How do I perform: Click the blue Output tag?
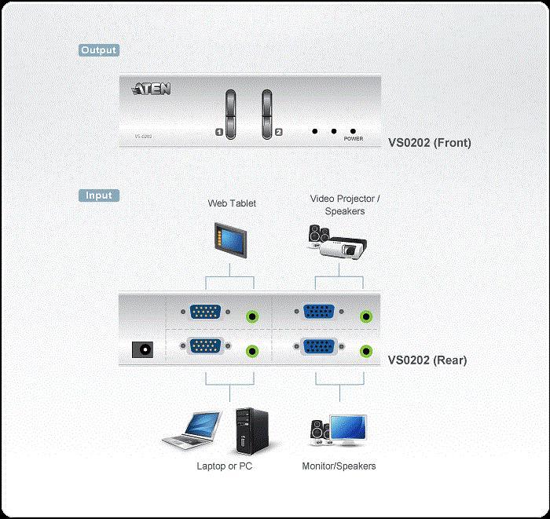click(99, 50)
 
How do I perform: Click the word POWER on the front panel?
click(354, 137)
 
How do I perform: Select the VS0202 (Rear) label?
click(427, 360)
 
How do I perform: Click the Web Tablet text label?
click(232, 203)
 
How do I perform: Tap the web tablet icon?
click(232, 239)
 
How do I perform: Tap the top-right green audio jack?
click(365, 316)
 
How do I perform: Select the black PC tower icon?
click(249, 430)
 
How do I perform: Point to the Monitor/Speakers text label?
click(339, 466)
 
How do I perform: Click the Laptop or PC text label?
click(224, 466)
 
